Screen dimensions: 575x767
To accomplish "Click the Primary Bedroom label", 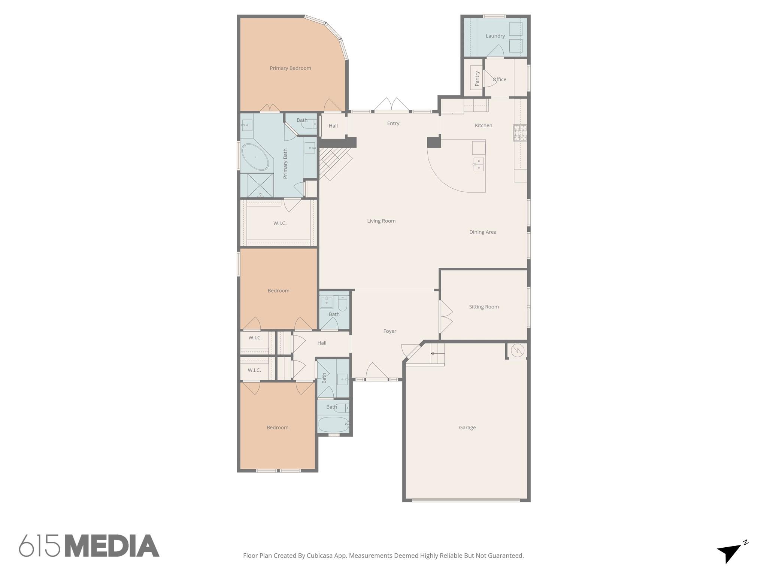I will coord(290,68).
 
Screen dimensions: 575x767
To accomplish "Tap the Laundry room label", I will coord(495,36).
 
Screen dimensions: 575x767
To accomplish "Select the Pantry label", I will coord(477,79).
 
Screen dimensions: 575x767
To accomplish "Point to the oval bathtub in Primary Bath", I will coord(255,157).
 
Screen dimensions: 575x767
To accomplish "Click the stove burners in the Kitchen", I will coord(520,133).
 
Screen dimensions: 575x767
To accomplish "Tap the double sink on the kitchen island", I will coord(479,164).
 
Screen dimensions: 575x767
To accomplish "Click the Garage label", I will coord(467,428).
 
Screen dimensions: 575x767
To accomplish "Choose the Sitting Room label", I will coord(483,307).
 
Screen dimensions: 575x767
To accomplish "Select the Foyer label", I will coord(389,331).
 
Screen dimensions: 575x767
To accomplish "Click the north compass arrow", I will coord(730,552).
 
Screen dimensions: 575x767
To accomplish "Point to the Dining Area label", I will coord(483,232).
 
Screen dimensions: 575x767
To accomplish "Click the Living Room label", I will coord(381,221).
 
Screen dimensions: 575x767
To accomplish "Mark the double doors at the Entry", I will coord(392,105).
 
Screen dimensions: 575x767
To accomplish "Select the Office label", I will coord(499,79).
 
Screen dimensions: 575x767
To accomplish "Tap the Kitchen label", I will coord(483,125).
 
